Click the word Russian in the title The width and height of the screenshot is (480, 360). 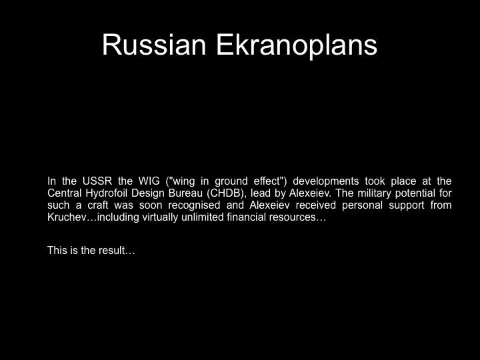[154, 45]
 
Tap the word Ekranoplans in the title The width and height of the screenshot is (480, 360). [297, 45]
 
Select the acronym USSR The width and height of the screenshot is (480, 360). [97, 181]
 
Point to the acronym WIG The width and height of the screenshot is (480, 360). [149, 181]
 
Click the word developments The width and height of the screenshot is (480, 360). [326, 181]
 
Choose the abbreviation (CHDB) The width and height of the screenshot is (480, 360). [226, 193]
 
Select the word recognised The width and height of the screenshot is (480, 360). [194, 205]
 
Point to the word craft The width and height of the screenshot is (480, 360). [97, 205]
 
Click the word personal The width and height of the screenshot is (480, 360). [362, 205]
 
